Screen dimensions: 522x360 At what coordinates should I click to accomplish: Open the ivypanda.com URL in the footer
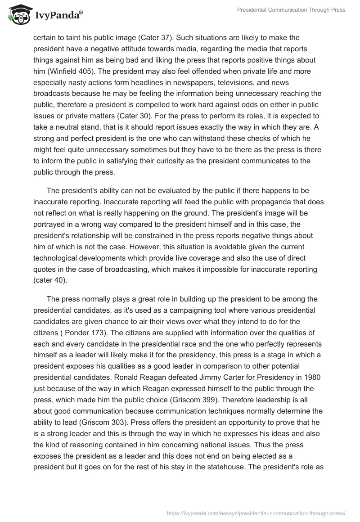[x=256, y=513]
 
